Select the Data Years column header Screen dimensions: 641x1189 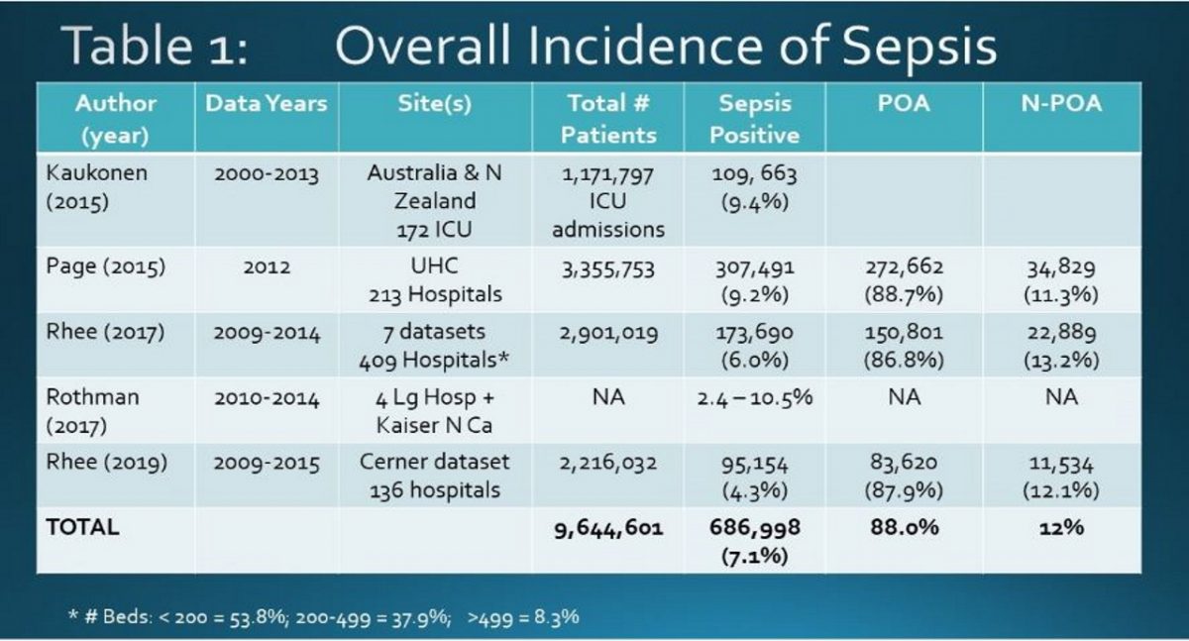pyautogui.click(x=266, y=104)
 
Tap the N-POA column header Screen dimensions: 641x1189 pyautogui.click(x=1061, y=104)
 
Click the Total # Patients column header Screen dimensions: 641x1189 pyautogui.click(x=609, y=118)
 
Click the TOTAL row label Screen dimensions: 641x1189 pyautogui.click(x=82, y=527)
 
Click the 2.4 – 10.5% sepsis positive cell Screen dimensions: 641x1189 pyautogui.click(x=754, y=398)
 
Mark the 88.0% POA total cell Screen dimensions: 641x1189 pyautogui.click(x=904, y=528)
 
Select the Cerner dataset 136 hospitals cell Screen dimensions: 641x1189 pyautogui.click(x=435, y=476)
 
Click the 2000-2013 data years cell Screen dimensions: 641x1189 pyautogui.click(x=267, y=174)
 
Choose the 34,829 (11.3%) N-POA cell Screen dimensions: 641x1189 pyautogui.click(x=1061, y=281)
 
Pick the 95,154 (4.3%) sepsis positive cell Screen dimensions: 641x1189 pyautogui.click(x=754, y=476)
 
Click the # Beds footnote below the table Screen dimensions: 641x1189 pyautogui.click(x=323, y=616)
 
